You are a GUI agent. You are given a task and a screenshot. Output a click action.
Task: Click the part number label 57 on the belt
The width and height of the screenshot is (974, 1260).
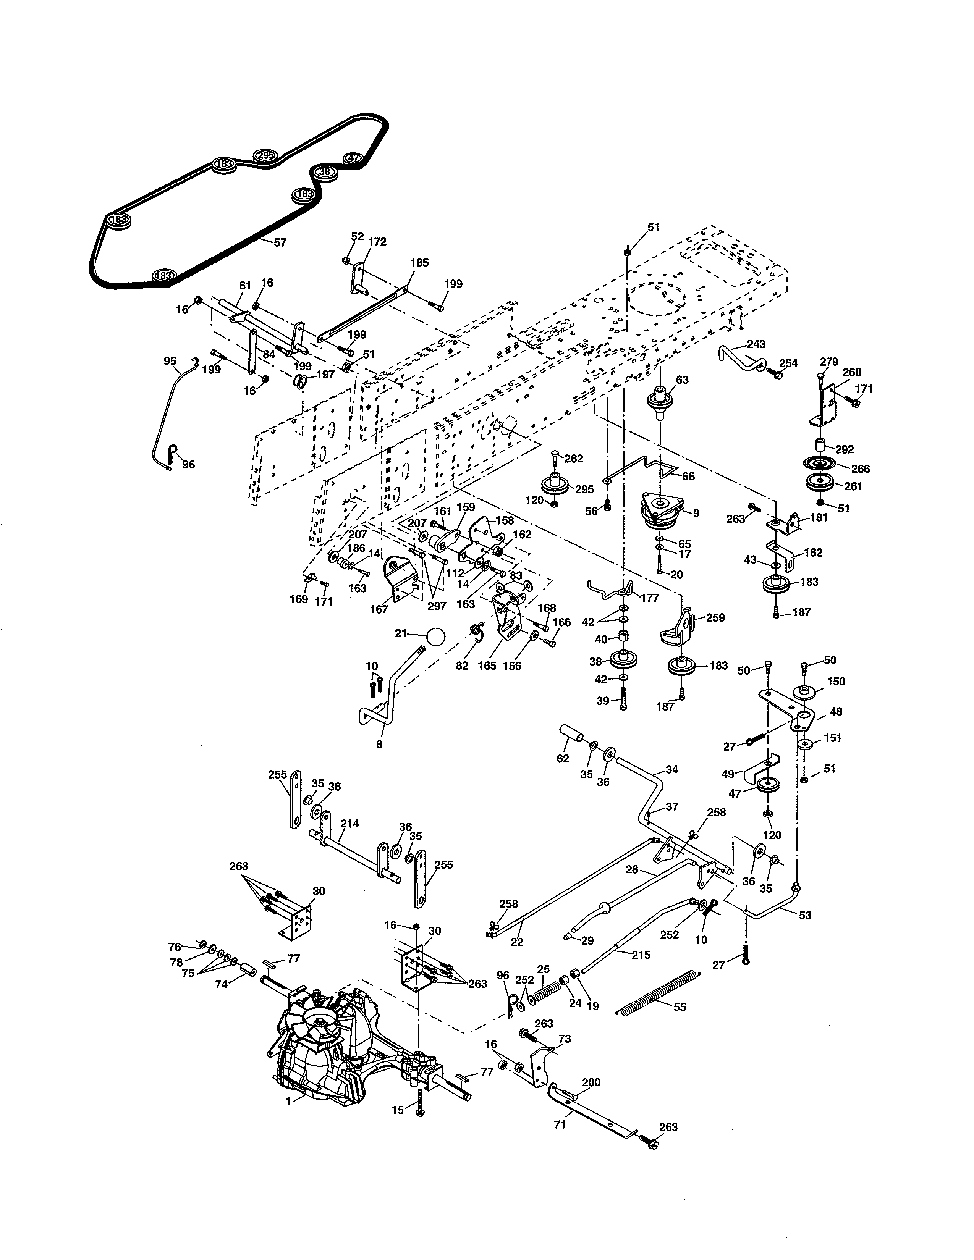tap(280, 243)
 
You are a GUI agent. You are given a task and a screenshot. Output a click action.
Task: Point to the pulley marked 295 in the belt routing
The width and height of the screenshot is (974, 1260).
tap(265, 156)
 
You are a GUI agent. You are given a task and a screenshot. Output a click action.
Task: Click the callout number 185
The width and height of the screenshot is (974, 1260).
tap(419, 263)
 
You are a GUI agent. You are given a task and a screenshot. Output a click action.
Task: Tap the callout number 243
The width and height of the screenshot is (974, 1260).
tap(756, 344)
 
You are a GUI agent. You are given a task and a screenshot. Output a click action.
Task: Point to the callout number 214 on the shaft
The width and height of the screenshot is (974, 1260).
tap(349, 823)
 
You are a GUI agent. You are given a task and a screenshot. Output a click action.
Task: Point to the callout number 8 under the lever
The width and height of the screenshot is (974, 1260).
tap(379, 744)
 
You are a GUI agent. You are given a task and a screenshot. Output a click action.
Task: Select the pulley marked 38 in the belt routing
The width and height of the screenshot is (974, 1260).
tap(325, 172)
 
